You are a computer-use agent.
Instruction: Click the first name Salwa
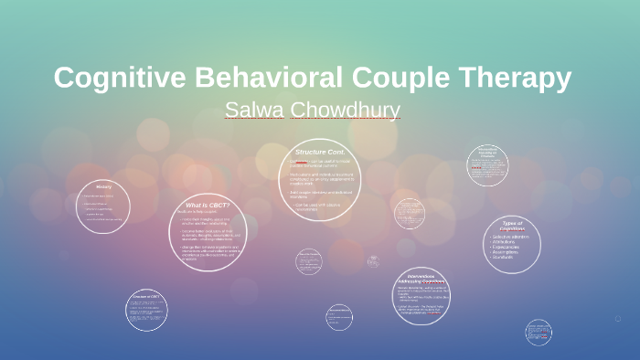[254, 111]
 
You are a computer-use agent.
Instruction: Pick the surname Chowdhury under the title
[346, 111]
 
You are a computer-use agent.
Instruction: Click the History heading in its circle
[103, 187]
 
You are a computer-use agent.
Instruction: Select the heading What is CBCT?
[208, 205]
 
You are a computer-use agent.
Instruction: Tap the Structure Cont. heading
[319, 151]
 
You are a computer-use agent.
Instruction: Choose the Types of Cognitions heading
[512, 225]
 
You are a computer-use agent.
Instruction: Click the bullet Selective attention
[517, 237]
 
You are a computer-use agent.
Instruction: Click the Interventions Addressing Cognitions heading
[421, 280]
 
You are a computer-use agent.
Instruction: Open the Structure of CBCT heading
[146, 297]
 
